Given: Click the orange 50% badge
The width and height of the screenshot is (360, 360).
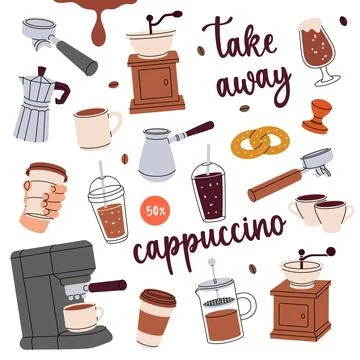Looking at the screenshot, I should pos(154,211).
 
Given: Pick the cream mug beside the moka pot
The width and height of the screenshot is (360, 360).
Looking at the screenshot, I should pos(97,126).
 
